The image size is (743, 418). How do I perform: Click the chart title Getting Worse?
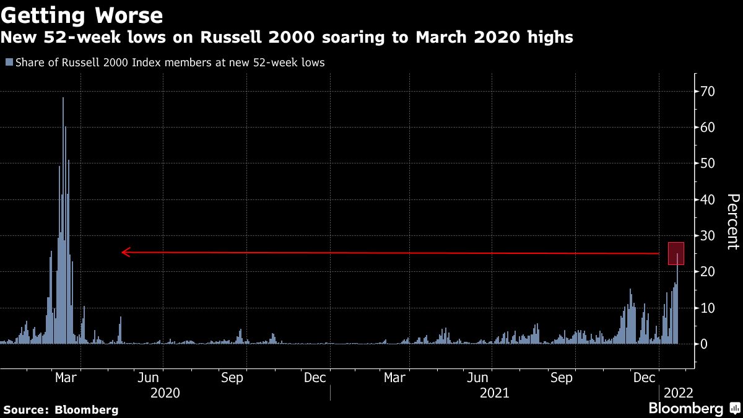[x=82, y=14]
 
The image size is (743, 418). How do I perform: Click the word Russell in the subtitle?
[x=226, y=38]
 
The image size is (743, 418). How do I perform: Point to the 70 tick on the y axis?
[x=707, y=92]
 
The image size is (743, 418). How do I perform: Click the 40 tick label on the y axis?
[x=707, y=199]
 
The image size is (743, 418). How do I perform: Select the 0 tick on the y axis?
[x=703, y=344]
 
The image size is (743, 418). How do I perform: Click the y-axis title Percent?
[x=732, y=221]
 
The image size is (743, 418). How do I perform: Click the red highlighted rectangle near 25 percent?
[x=676, y=254]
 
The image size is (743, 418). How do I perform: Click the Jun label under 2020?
[x=149, y=378]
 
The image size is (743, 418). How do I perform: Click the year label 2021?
[x=494, y=393]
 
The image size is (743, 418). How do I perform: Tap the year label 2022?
[x=678, y=393]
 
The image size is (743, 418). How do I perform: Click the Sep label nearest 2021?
[x=561, y=378]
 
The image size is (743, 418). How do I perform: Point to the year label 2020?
[x=165, y=393]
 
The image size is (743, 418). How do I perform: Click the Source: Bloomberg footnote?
[x=61, y=409]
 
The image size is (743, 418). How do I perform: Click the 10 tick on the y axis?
[x=707, y=308]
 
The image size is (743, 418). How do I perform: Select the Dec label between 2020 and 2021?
[x=315, y=378]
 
